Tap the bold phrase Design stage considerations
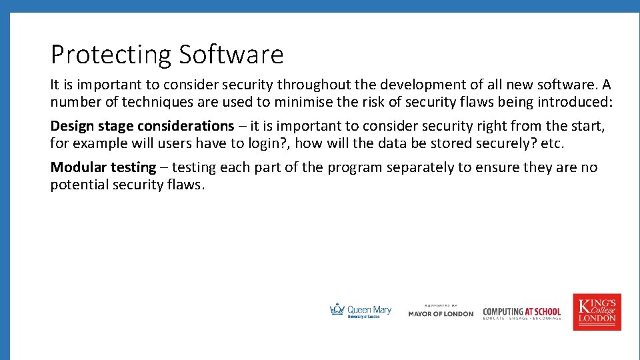[142, 126]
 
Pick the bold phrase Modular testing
[103, 167]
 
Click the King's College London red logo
[597, 312]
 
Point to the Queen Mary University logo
[361, 311]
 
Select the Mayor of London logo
[441, 311]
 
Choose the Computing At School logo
[522, 312]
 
